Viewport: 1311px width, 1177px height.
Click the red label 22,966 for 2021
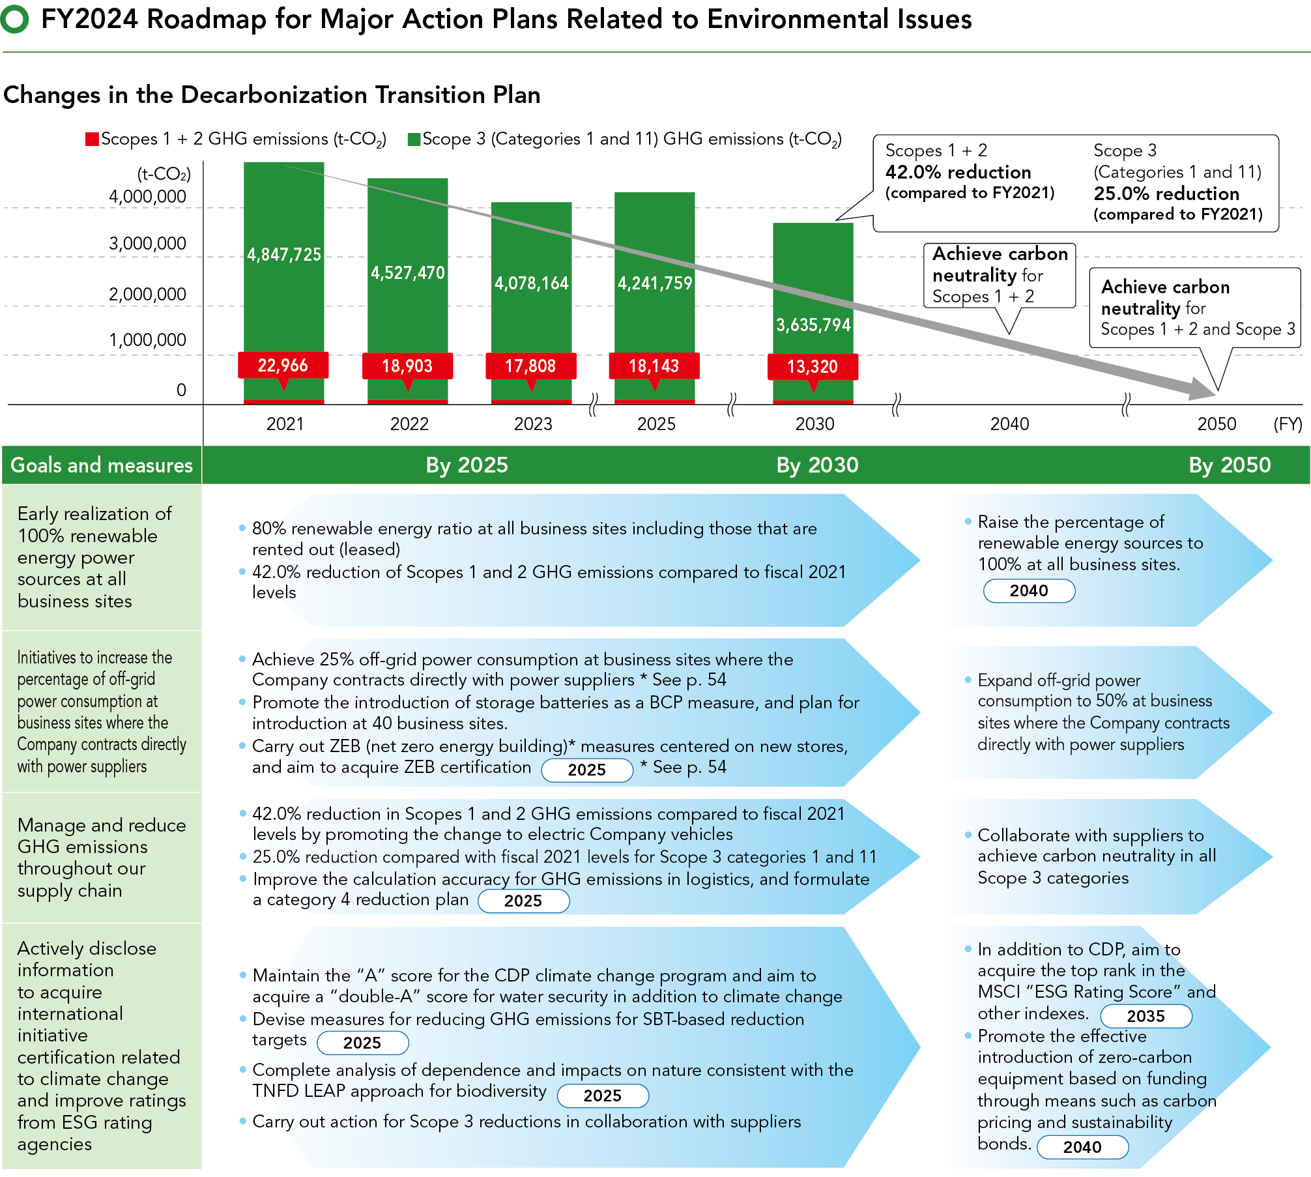click(x=283, y=365)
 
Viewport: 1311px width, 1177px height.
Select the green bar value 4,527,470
click(x=408, y=272)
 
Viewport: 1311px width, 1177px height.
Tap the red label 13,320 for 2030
click(x=813, y=366)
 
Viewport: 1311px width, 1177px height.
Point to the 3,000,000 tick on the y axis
click(x=147, y=244)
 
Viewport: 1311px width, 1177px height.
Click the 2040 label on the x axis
click(x=1009, y=424)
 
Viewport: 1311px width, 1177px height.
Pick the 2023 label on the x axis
click(x=533, y=424)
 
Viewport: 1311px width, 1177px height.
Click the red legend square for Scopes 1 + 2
click(x=92, y=139)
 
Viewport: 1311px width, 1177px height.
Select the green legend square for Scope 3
click(x=414, y=139)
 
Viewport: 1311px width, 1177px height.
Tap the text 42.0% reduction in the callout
click(x=958, y=172)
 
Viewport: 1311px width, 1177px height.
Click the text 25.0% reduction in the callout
click(x=1166, y=194)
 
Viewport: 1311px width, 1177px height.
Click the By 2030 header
click(x=817, y=465)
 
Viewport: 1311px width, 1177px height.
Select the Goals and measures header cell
click(x=102, y=465)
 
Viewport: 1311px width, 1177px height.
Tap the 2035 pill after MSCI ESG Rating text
click(x=1145, y=1016)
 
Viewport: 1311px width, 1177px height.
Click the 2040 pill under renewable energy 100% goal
click(x=1029, y=590)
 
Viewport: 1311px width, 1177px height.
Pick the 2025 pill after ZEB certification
click(x=586, y=770)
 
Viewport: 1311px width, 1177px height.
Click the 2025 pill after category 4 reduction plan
click(x=523, y=901)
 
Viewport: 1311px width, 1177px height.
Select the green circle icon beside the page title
click(x=14, y=19)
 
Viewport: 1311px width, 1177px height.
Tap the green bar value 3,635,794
click(x=813, y=325)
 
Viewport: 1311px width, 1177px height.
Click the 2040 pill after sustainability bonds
click(x=1082, y=1147)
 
